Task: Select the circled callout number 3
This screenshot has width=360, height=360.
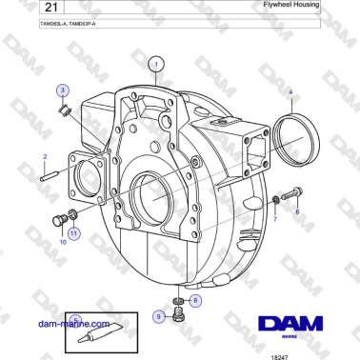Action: (x=63, y=90)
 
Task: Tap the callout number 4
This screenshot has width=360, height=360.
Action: (x=291, y=92)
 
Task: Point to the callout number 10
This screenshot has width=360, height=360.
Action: (x=63, y=243)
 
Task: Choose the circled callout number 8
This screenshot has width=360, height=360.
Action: (x=195, y=300)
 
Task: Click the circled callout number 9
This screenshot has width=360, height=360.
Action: (x=158, y=316)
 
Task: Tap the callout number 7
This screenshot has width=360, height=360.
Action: (x=275, y=219)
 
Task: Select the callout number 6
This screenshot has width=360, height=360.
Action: (x=298, y=212)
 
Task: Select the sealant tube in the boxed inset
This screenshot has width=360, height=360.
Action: (x=103, y=330)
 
